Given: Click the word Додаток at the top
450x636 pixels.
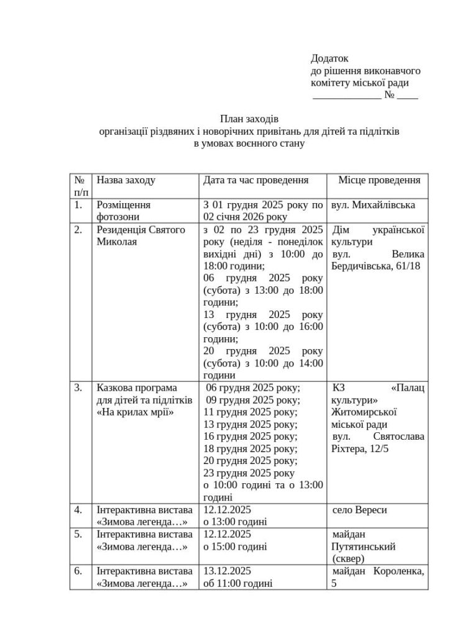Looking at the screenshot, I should click(x=329, y=59).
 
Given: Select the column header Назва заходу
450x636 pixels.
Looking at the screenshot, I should click(x=126, y=180).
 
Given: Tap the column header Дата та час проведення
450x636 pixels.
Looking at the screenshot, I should click(x=256, y=180).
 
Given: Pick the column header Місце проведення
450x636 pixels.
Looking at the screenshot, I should click(x=379, y=180).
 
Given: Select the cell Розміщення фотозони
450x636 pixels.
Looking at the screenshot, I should click(x=123, y=211).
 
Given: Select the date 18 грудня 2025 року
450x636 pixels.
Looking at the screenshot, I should click(x=251, y=448).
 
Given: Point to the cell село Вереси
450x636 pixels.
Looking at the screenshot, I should click(x=360, y=510).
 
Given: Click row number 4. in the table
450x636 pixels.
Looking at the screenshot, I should click(x=79, y=510).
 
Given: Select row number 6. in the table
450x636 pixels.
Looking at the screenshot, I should click(x=79, y=571).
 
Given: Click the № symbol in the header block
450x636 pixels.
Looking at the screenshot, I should click(x=390, y=96).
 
